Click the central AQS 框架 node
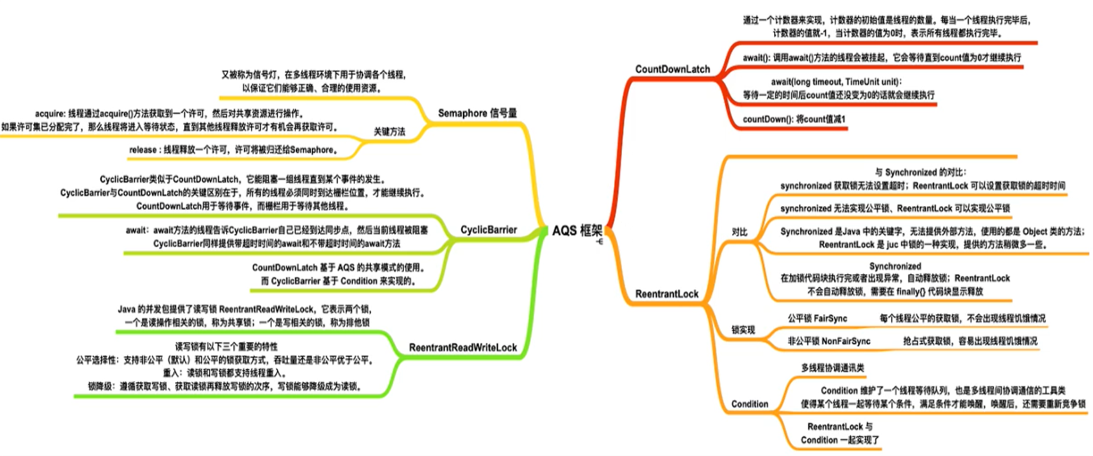pyautogui.click(x=577, y=230)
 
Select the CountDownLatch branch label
pyautogui.click(x=673, y=69)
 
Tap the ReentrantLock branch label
pyautogui.click(x=667, y=294)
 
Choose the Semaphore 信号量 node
pyautogui.click(x=477, y=113)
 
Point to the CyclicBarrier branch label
pyautogui.click(x=488, y=230)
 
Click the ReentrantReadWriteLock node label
pyautogui.click(x=462, y=347)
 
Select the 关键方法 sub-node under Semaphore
pyautogui.click(x=389, y=132)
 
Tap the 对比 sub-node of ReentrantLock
pyautogui.click(x=739, y=232)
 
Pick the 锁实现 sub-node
pyautogui.click(x=742, y=330)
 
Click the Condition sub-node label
pyautogui.click(x=749, y=404)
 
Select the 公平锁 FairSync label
pyautogui.click(x=817, y=318)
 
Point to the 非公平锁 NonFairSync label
pyautogui.click(x=829, y=341)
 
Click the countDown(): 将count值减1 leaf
pyautogui.click(x=794, y=119)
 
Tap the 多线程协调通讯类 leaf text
pyautogui.click(x=832, y=368)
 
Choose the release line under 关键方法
pyautogui.click(x=233, y=150)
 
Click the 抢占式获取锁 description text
pyautogui.click(x=970, y=341)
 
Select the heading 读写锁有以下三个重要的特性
pyautogui.click(x=226, y=347)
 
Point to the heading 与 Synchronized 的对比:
pyautogui.click(x=920, y=172)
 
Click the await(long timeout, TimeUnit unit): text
pyautogui.click(x=836, y=81)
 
